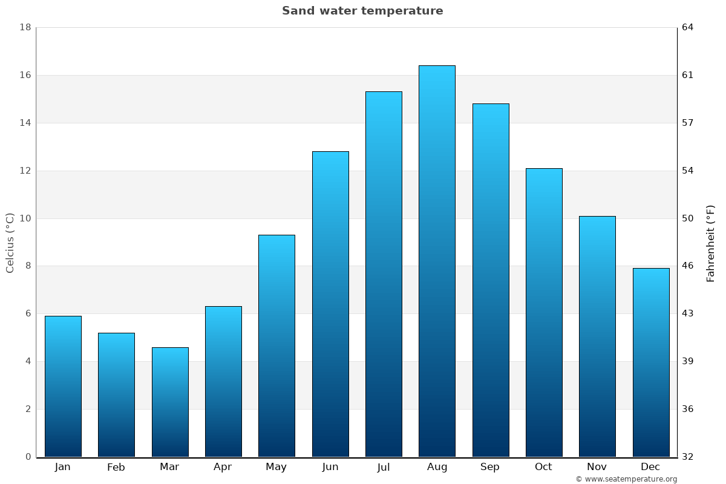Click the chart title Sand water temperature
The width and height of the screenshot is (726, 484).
coord(362,11)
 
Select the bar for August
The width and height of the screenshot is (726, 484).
coord(437,261)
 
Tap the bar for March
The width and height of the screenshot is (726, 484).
coord(170,402)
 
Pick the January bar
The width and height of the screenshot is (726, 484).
coord(63,386)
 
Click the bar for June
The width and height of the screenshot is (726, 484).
coord(330,304)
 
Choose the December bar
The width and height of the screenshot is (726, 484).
coord(651,362)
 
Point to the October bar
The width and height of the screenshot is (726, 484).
coord(544,312)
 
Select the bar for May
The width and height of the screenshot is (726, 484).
coord(276,345)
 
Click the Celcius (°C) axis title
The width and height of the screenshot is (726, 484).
coord(10,243)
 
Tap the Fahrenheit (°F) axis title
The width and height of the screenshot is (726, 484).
coord(710,243)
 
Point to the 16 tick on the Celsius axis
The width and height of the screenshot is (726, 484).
coord(25,76)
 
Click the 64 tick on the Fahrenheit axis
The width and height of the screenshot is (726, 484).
coord(688,28)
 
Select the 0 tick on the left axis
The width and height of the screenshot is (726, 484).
coord(28,457)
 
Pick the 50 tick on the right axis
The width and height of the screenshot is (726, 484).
coord(688,218)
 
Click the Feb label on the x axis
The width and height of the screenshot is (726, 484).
coord(116,467)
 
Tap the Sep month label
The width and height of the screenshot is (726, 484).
coord(490,467)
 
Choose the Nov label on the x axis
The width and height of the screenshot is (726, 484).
coord(597,467)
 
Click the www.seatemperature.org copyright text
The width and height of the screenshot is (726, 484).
coord(626,479)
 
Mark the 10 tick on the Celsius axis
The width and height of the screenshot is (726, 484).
coord(25,218)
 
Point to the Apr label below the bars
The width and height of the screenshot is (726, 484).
coord(223,467)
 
